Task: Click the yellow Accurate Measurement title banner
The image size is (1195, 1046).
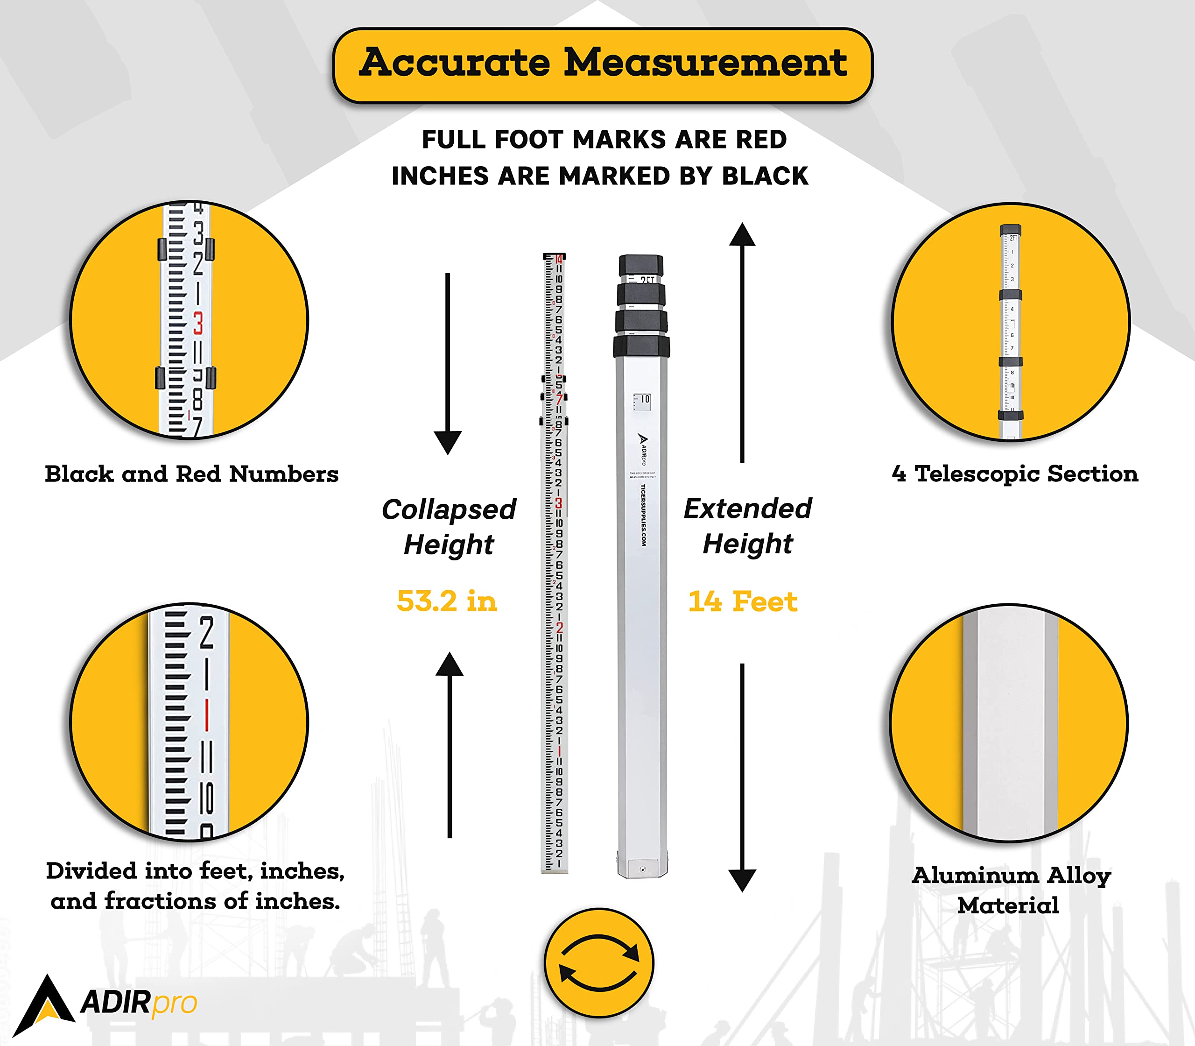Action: point(602,64)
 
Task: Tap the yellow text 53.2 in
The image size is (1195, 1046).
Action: point(447,601)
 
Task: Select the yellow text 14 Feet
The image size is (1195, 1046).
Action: point(742,601)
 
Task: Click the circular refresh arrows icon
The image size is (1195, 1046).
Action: point(599,962)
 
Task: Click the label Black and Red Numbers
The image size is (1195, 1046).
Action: point(191,474)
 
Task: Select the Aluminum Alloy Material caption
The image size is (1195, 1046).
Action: point(1011,890)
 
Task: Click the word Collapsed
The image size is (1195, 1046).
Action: point(449,509)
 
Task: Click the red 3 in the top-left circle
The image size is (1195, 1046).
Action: point(198,323)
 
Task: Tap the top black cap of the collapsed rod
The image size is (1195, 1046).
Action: point(640,265)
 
